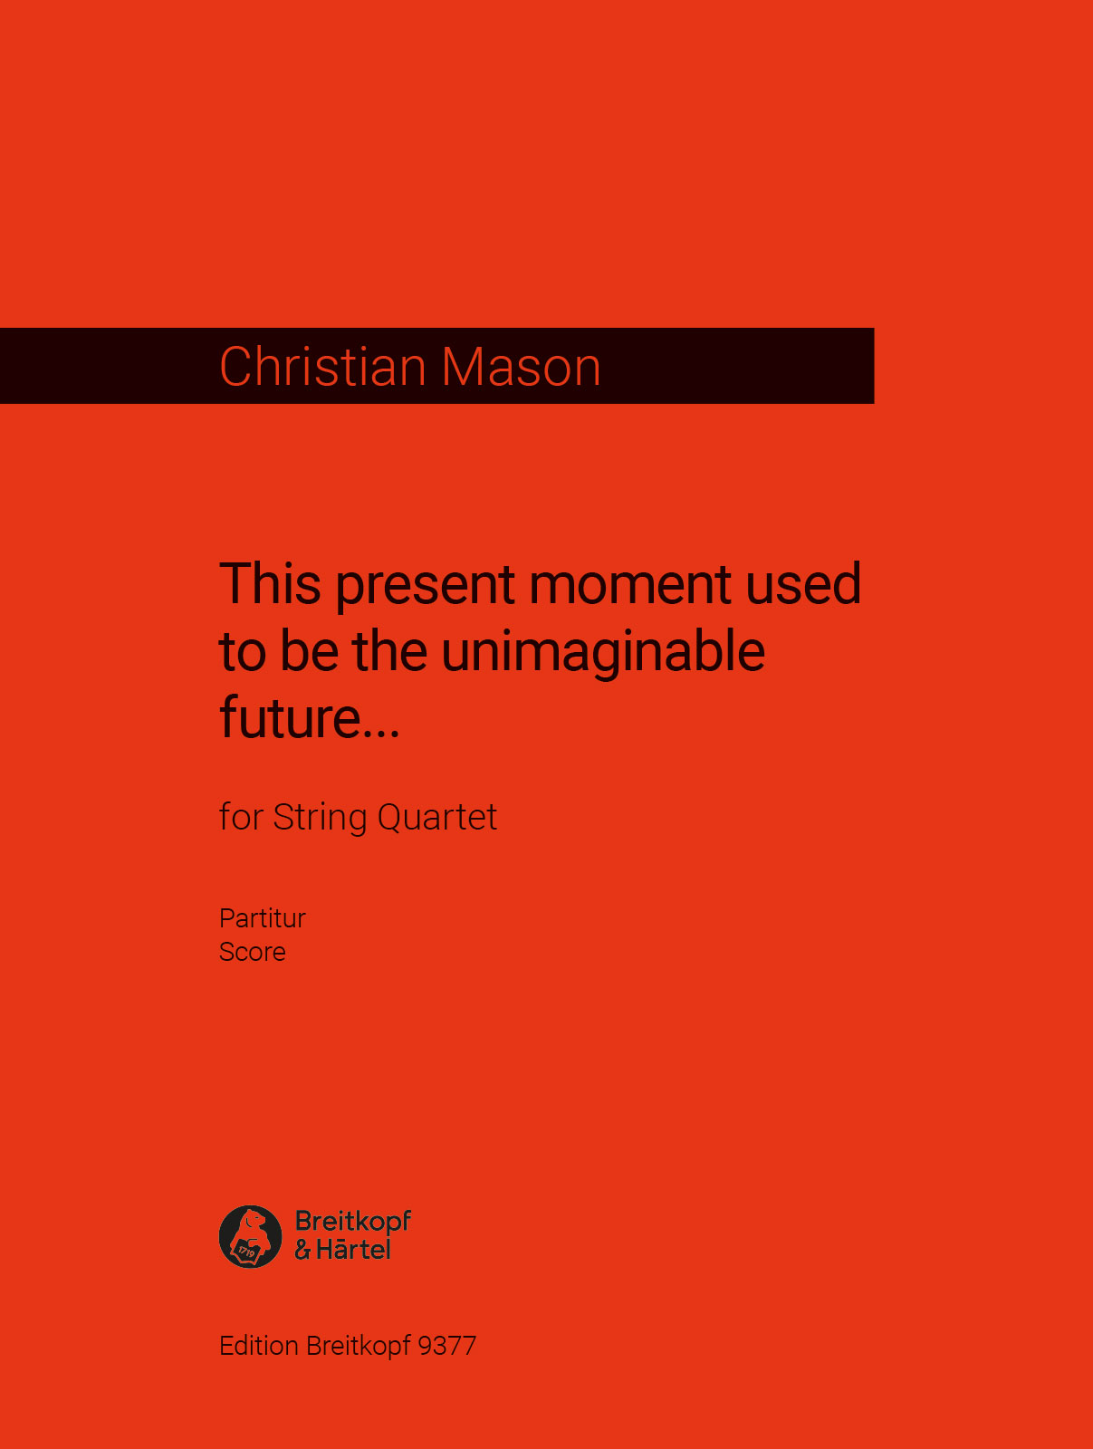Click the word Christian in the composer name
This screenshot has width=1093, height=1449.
322,367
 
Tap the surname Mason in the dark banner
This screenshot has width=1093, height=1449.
521,367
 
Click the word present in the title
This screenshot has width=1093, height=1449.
426,585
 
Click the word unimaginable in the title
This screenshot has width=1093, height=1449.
603,652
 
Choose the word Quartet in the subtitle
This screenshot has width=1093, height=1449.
436,818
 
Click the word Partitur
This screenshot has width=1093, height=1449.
263,918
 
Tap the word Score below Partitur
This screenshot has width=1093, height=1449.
253,952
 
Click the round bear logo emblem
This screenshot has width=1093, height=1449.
251,1236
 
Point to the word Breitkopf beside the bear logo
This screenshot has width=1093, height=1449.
353,1222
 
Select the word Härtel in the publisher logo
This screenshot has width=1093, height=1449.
353,1250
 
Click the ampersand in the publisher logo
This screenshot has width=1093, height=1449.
302,1251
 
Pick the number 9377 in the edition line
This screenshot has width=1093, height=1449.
447,1346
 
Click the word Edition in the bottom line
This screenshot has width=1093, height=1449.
259,1346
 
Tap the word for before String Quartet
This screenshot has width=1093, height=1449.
241,818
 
